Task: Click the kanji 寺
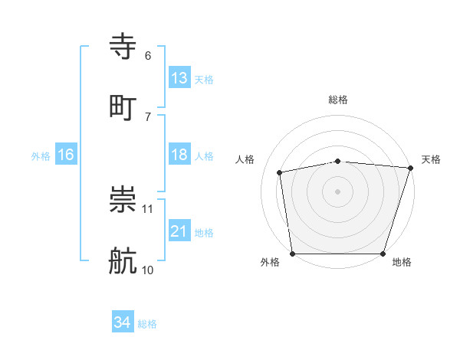pos(123,46)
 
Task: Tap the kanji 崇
pos(123,200)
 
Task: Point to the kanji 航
pos(123,260)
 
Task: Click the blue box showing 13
pos(179,78)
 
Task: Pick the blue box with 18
pos(179,155)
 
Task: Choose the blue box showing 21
pos(179,231)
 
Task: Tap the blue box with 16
pos(66,155)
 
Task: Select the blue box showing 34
pos(123,322)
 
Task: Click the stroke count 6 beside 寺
pos(148,56)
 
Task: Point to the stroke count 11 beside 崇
pos(148,208)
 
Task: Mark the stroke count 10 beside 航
pos(148,270)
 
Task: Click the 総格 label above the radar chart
pos(338,100)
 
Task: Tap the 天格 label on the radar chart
pos(431,159)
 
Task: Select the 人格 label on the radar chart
pos(245,159)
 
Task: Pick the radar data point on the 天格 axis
pos(410,169)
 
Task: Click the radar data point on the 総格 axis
pos(338,161)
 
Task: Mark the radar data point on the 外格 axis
pos(293,254)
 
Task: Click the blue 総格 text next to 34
pos(147,324)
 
